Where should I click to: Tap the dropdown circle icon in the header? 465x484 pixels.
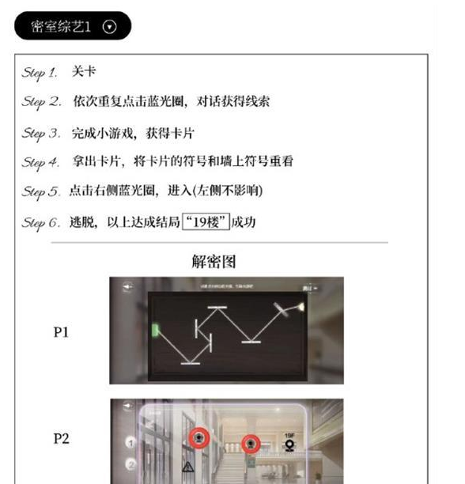110,26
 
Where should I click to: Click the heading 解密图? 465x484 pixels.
214,261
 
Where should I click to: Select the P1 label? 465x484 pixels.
61,332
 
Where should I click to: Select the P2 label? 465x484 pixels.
61,438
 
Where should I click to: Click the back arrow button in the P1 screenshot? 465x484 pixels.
126,287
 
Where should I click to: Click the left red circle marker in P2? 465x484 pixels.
198,438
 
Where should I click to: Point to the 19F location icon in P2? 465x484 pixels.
289,441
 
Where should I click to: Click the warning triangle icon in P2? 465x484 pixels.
188,467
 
